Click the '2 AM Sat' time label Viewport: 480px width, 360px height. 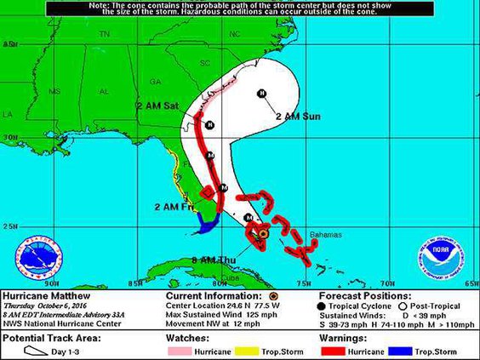click(157, 106)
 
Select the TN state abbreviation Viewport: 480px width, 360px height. click(105, 34)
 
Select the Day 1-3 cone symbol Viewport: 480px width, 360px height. click(33, 350)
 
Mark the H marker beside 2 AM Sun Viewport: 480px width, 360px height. click(262, 93)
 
